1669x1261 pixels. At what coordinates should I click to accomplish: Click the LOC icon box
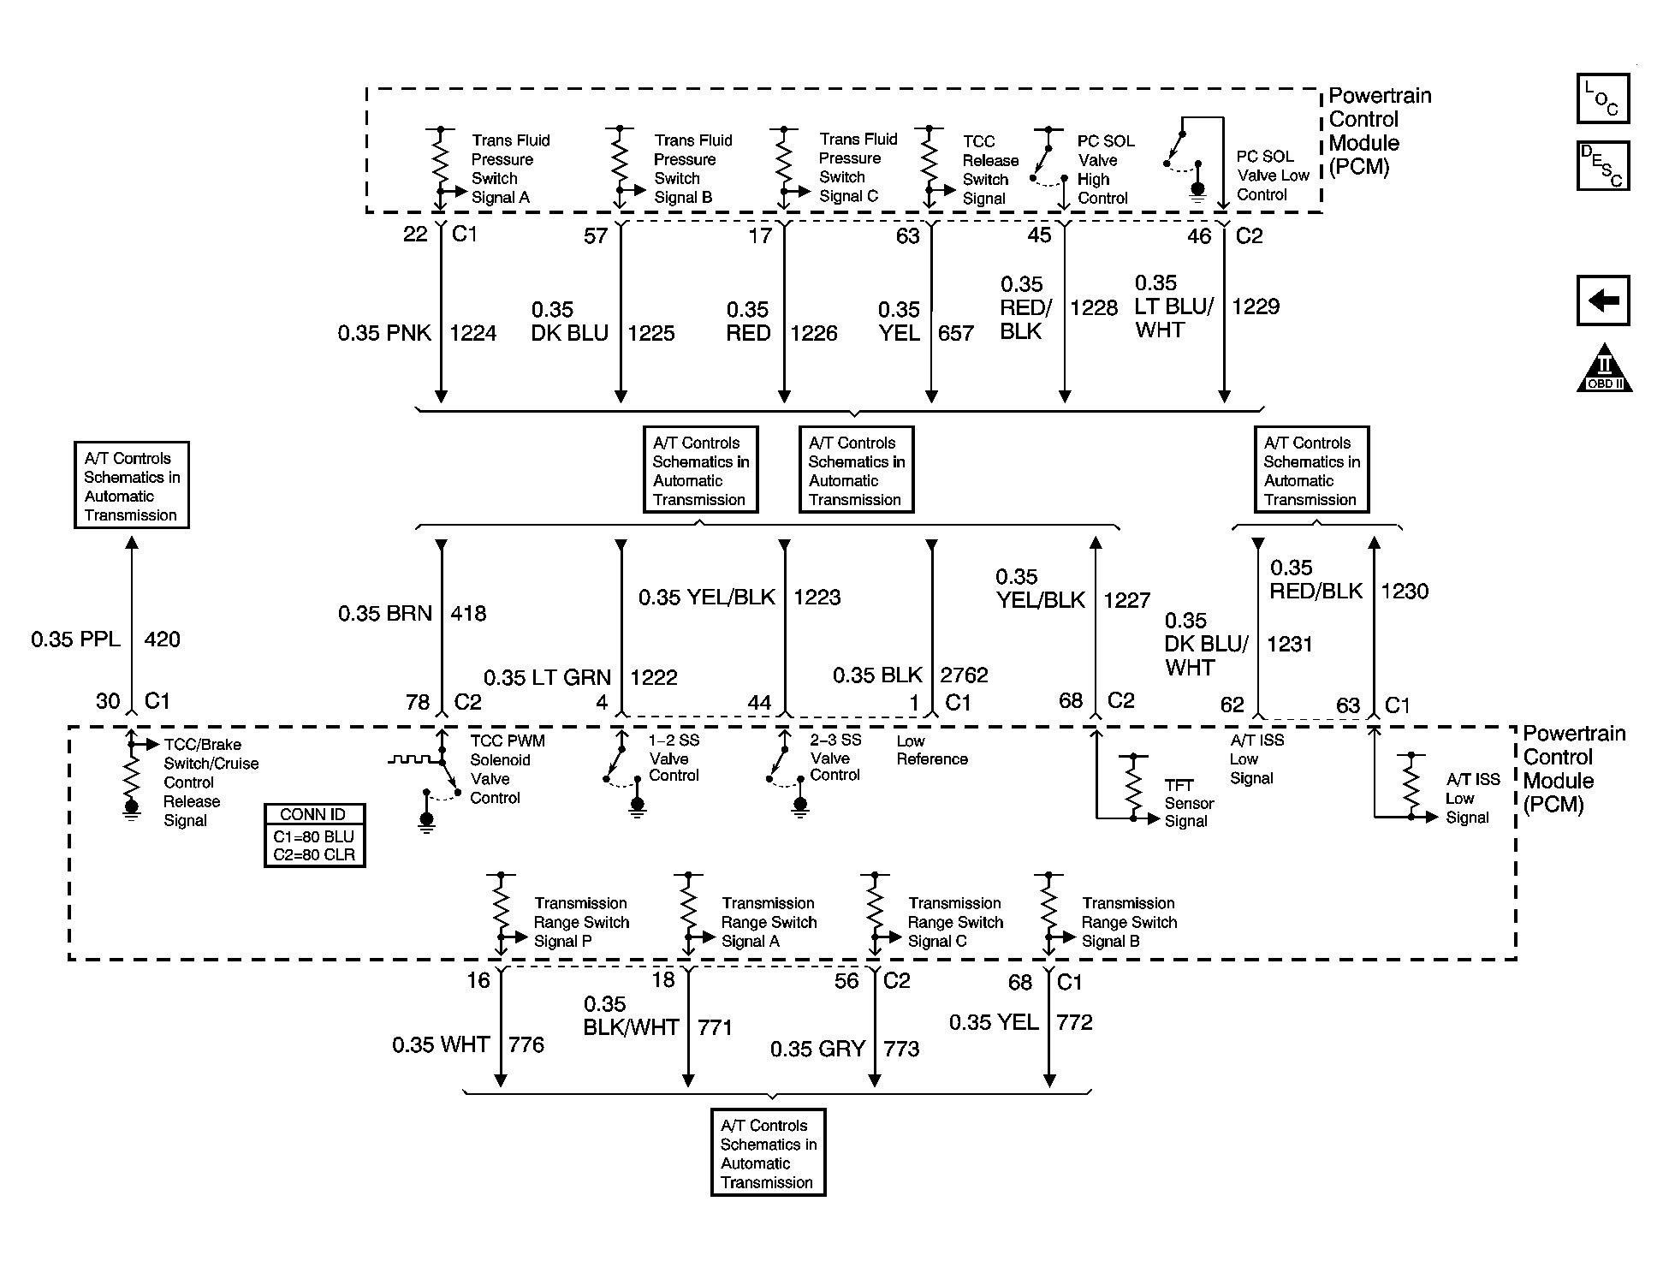1602,98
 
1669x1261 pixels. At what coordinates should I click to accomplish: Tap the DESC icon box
1602,165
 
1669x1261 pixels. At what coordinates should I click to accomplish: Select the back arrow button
1602,300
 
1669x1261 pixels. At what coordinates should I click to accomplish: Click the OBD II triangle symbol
1604,370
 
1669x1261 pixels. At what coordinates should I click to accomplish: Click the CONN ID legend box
314,836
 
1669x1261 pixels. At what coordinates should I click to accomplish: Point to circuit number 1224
472,333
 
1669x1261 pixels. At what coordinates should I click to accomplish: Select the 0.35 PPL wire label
75,639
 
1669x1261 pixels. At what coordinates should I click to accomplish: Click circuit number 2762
964,675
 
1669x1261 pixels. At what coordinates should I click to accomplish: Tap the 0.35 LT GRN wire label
547,678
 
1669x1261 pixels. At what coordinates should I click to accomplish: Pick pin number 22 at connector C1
415,235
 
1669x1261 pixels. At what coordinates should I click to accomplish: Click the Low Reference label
931,750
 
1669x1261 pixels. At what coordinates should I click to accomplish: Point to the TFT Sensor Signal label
1189,803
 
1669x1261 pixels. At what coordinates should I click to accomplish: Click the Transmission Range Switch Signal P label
581,922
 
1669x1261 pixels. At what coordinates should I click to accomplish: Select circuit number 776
526,1044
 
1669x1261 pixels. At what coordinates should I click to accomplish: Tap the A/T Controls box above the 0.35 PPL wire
131,485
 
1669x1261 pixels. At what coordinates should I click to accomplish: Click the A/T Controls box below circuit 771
768,1153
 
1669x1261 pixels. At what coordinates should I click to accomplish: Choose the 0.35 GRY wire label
817,1049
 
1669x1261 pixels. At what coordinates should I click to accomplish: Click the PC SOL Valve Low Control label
1273,175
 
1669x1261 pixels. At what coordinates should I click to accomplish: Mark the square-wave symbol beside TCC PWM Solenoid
411,759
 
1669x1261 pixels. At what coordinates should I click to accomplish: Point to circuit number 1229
1255,306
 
